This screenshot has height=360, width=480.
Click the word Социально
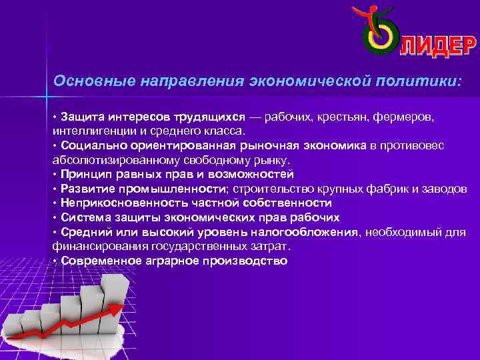point(91,145)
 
